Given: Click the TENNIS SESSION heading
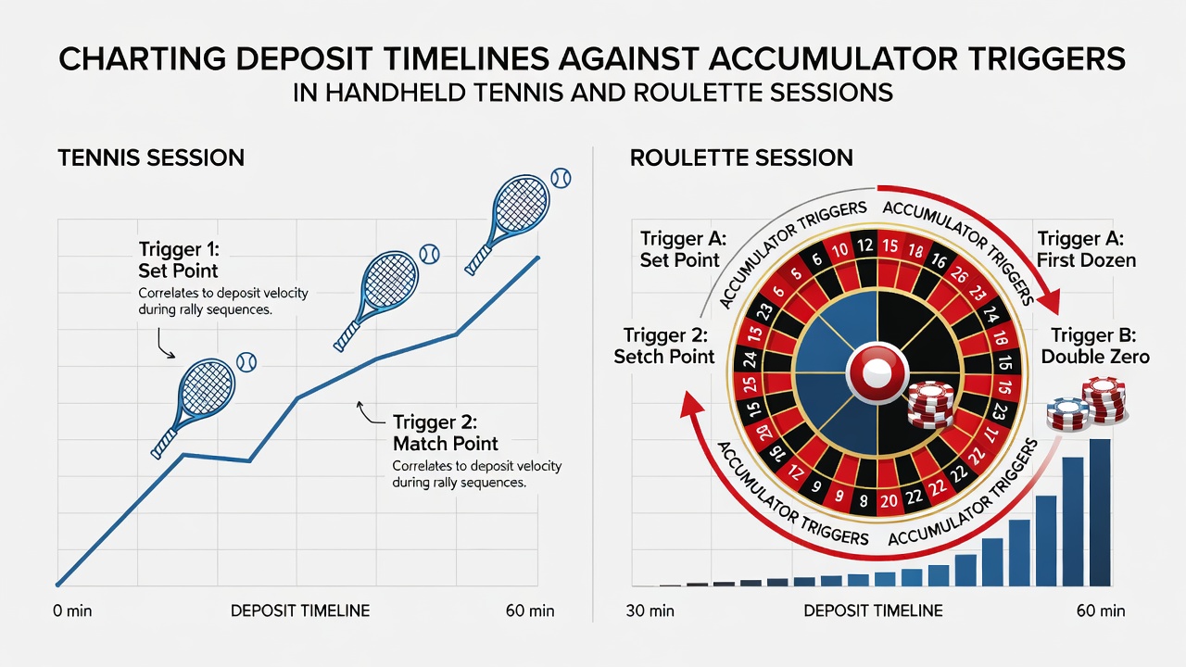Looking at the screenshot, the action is tap(151, 157).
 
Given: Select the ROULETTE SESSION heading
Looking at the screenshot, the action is tap(741, 157).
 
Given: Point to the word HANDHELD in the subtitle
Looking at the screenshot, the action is tap(396, 93).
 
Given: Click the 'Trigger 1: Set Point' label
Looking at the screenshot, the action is tap(179, 260).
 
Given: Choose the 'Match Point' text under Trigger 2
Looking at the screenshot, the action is tap(446, 444).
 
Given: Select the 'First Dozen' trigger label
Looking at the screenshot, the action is tap(1087, 260).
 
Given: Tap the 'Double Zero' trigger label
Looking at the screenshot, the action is tap(1095, 357).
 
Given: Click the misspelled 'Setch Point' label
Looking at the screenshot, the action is tap(664, 357).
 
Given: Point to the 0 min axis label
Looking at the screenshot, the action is tap(72, 610).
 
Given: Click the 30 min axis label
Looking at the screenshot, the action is tap(650, 610).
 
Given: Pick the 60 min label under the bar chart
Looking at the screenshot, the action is tap(1101, 610).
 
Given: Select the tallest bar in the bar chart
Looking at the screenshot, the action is tap(1100, 512).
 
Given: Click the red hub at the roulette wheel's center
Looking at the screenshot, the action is tap(877, 373).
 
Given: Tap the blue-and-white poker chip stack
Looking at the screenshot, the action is tap(1066, 413).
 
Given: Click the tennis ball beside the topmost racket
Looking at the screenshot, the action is tap(561, 179).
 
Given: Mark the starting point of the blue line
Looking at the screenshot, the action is tap(57, 585).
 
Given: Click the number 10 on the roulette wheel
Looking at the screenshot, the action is tap(839, 250).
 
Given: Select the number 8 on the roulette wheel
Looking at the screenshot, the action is tap(864, 500).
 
